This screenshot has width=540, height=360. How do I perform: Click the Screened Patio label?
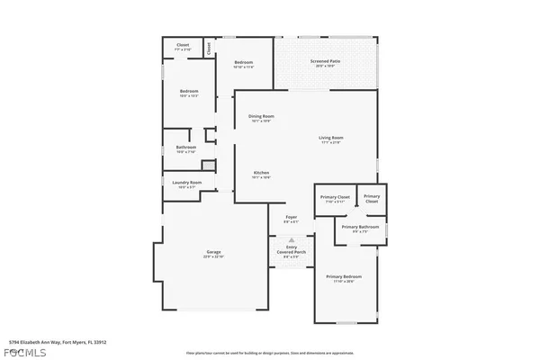pyautogui.click(x=326, y=62)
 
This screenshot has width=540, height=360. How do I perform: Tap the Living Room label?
pyautogui.click(x=331, y=139)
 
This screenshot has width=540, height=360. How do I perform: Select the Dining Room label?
pyautogui.click(x=261, y=117)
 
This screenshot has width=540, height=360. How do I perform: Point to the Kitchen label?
pyautogui.click(x=261, y=174)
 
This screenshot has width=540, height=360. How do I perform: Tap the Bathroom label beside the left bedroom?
pyautogui.click(x=186, y=148)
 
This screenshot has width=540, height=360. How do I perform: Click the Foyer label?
pyautogui.click(x=292, y=219)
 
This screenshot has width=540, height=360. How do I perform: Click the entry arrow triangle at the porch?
pyautogui.click(x=292, y=240)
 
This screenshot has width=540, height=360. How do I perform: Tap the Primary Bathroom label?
pyautogui.click(x=362, y=229)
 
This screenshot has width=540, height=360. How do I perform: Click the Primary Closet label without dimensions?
pyautogui.click(x=372, y=198)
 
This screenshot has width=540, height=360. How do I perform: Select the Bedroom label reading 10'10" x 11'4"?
pyautogui.click(x=244, y=64)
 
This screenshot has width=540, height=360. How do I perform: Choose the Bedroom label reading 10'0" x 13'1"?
pyautogui.click(x=188, y=93)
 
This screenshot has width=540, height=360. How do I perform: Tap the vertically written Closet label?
pyautogui.click(x=209, y=48)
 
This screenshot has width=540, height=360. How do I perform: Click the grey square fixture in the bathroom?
pyautogui.click(x=207, y=166)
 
